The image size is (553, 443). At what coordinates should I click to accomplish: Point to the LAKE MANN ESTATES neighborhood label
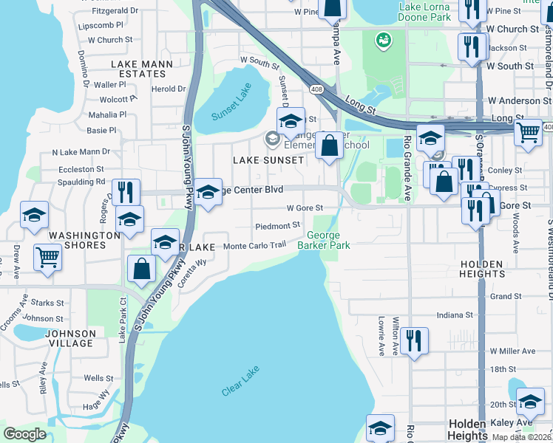point(138,69)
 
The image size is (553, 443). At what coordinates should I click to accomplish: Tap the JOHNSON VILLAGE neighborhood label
point(70,338)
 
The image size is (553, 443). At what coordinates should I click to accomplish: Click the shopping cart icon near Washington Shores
point(48,258)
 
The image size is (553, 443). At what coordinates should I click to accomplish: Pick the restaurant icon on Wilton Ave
point(414,340)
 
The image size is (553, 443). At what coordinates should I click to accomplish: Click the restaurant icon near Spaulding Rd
point(126,192)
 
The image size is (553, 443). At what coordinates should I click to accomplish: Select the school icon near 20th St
point(530,402)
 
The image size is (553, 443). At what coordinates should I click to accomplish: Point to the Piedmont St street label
point(276,226)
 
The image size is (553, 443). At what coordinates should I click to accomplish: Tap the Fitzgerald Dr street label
point(115,11)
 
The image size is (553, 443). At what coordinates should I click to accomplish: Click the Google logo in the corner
point(24,434)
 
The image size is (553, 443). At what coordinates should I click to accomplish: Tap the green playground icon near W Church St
point(383,39)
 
